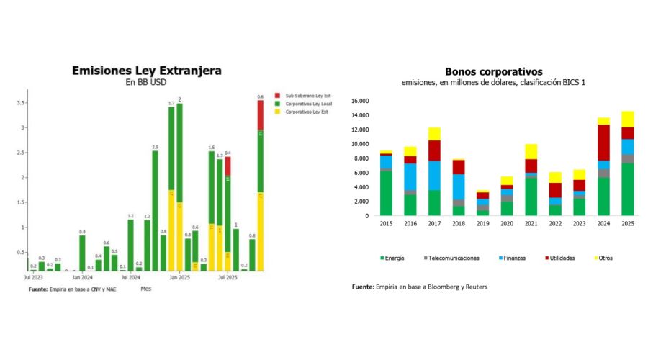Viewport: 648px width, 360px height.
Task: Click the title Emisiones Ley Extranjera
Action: point(146,71)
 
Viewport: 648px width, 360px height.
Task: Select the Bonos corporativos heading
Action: point(493,71)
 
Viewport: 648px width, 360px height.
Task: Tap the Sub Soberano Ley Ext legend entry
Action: point(308,96)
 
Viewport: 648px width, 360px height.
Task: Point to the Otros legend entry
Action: point(605,257)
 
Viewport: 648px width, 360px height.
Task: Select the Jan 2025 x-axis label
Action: point(179,276)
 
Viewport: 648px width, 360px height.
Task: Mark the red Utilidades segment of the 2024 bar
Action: point(603,142)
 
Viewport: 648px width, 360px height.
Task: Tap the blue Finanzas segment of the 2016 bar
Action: point(410,176)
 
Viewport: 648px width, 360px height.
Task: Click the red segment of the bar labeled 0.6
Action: point(261,114)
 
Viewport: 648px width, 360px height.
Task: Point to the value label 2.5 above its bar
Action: point(155,147)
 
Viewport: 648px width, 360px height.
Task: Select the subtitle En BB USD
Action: point(146,82)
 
